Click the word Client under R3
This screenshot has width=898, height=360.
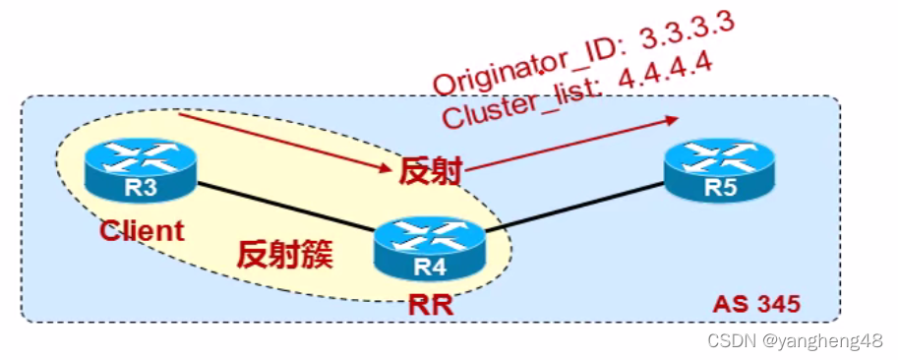(x=142, y=231)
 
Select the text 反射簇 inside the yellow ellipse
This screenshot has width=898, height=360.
(x=285, y=254)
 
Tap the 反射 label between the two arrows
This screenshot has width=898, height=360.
(x=430, y=171)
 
